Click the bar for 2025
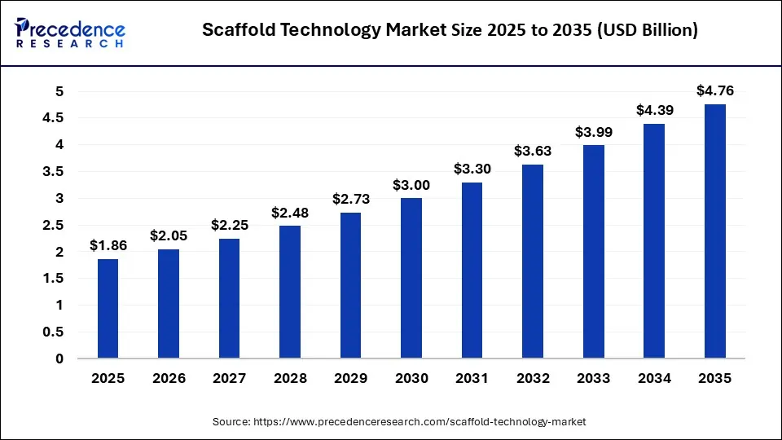(108, 309)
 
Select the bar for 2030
(411, 278)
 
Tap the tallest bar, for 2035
(714, 231)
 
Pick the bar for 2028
(290, 292)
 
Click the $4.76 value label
(714, 90)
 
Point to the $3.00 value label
(411, 185)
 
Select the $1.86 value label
(108, 245)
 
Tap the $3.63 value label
(533, 151)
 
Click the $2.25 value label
(229, 225)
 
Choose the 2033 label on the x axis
(593, 379)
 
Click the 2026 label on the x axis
(169, 379)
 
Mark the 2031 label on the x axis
(472, 379)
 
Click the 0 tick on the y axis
(59, 359)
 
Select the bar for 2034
(654, 241)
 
